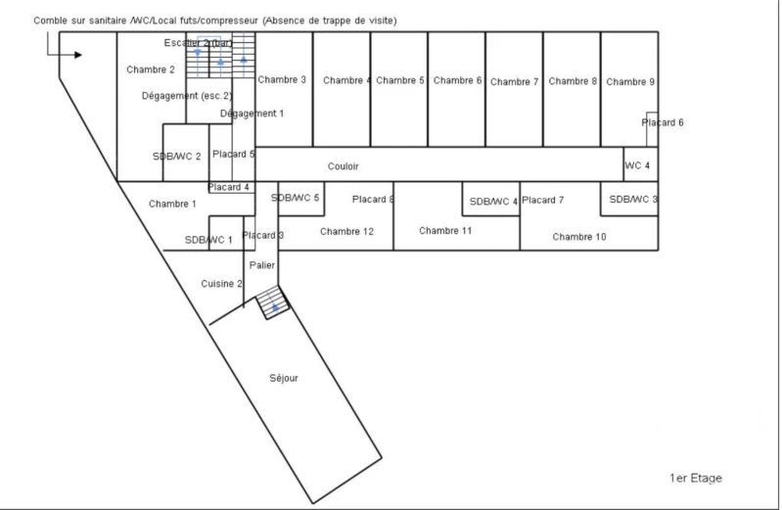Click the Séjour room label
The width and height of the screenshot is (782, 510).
coord(284,378)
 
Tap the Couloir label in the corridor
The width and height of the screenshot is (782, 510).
coord(344,166)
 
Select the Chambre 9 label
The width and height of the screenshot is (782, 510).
coord(630,82)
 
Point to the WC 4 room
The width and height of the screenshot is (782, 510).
coord(641,164)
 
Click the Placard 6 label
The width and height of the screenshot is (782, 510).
coord(663,122)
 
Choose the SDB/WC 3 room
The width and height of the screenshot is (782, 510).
coord(629,199)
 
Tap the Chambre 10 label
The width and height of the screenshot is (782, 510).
coord(579,237)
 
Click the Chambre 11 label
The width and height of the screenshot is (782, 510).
coord(445,231)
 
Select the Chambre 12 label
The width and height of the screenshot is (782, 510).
coord(346,232)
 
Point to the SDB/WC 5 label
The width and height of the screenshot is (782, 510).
coord(295,198)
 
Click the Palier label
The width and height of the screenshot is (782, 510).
coord(262,265)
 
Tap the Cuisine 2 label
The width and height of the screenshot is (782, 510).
coord(221,284)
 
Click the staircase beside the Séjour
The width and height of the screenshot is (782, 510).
coord(272,302)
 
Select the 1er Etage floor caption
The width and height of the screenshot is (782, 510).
coord(696,478)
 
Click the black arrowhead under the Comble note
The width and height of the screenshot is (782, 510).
coord(78,55)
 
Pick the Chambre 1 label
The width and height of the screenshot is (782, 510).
coord(172,204)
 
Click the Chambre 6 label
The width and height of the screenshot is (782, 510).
coord(457,80)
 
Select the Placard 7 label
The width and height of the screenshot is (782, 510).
coord(542,200)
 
